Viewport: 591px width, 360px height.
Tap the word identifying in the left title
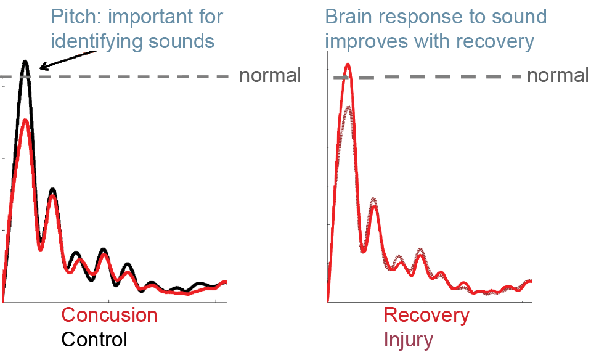pyautogui.click(x=96, y=41)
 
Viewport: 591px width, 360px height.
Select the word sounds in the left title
pyautogui.click(x=182, y=41)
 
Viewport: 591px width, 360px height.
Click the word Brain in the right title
pyautogui.click(x=349, y=17)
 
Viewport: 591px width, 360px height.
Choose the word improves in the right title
pyautogui.click(x=366, y=42)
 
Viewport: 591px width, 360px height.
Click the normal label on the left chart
pyautogui.click(x=271, y=75)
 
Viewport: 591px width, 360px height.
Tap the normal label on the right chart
pyautogui.click(x=558, y=75)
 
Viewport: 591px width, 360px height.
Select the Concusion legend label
pyautogui.click(x=109, y=315)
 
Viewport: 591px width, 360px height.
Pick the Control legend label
pyautogui.click(x=94, y=339)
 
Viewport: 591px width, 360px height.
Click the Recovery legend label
pyautogui.click(x=426, y=316)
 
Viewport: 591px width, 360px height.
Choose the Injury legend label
pyautogui.click(x=409, y=340)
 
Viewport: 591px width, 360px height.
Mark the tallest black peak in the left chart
pyautogui.click(x=25, y=62)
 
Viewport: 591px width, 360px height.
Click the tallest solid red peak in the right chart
pyautogui.click(x=348, y=65)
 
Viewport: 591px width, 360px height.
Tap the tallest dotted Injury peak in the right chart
pyautogui.click(x=348, y=107)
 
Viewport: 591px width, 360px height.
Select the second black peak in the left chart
pyautogui.click(x=53, y=189)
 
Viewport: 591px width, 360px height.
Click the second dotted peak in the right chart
pyautogui.click(x=373, y=199)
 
